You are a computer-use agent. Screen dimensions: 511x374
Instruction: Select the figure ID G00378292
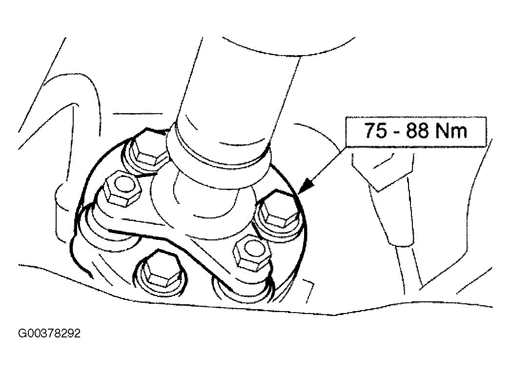point(49,334)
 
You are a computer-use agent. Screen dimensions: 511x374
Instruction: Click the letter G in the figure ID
point(22,334)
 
